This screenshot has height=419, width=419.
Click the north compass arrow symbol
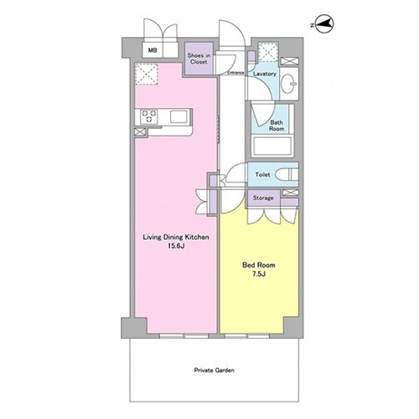point(323,24)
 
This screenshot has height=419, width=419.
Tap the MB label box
point(153,50)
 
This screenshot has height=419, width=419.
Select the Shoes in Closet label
point(199,59)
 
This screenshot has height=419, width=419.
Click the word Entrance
point(236,73)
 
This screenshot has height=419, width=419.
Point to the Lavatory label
point(264,74)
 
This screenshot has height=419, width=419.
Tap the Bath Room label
point(277,126)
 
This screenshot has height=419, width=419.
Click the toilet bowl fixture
point(287,175)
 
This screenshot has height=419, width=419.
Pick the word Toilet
point(262,175)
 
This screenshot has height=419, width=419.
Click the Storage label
point(263,198)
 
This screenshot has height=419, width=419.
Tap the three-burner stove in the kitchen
point(149,116)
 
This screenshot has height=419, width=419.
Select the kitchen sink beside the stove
point(178,116)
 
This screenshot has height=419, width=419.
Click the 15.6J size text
point(176,246)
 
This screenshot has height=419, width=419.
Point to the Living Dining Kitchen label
point(176,237)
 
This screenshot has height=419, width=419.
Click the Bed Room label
point(259,265)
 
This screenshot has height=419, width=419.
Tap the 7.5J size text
point(259,274)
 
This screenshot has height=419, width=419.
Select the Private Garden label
point(215,370)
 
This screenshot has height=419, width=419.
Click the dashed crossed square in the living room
point(147,74)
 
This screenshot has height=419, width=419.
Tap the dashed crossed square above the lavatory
point(268,52)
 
